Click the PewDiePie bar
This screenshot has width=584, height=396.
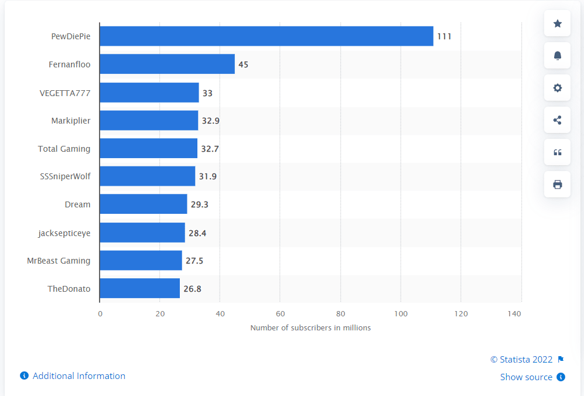click(267, 36)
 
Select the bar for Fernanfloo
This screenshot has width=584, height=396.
click(167, 64)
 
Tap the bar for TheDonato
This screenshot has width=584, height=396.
click(139, 288)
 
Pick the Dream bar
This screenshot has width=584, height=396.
click(143, 204)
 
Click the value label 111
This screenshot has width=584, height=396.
click(444, 36)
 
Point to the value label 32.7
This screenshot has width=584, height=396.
click(210, 149)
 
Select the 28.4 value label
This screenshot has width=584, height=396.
click(197, 233)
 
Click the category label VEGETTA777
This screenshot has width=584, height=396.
click(65, 93)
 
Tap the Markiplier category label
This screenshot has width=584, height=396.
click(70, 121)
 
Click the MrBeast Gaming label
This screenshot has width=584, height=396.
click(59, 261)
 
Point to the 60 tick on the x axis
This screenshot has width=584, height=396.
click(280, 314)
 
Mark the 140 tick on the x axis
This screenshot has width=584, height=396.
click(514, 314)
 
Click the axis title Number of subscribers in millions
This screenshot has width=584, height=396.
click(310, 328)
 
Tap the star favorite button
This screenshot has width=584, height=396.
click(557, 23)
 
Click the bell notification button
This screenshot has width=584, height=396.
click(557, 56)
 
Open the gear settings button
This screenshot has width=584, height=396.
click(557, 88)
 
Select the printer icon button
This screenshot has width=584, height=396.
click(557, 185)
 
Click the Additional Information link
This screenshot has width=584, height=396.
click(78, 376)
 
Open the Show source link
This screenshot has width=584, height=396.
click(526, 377)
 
